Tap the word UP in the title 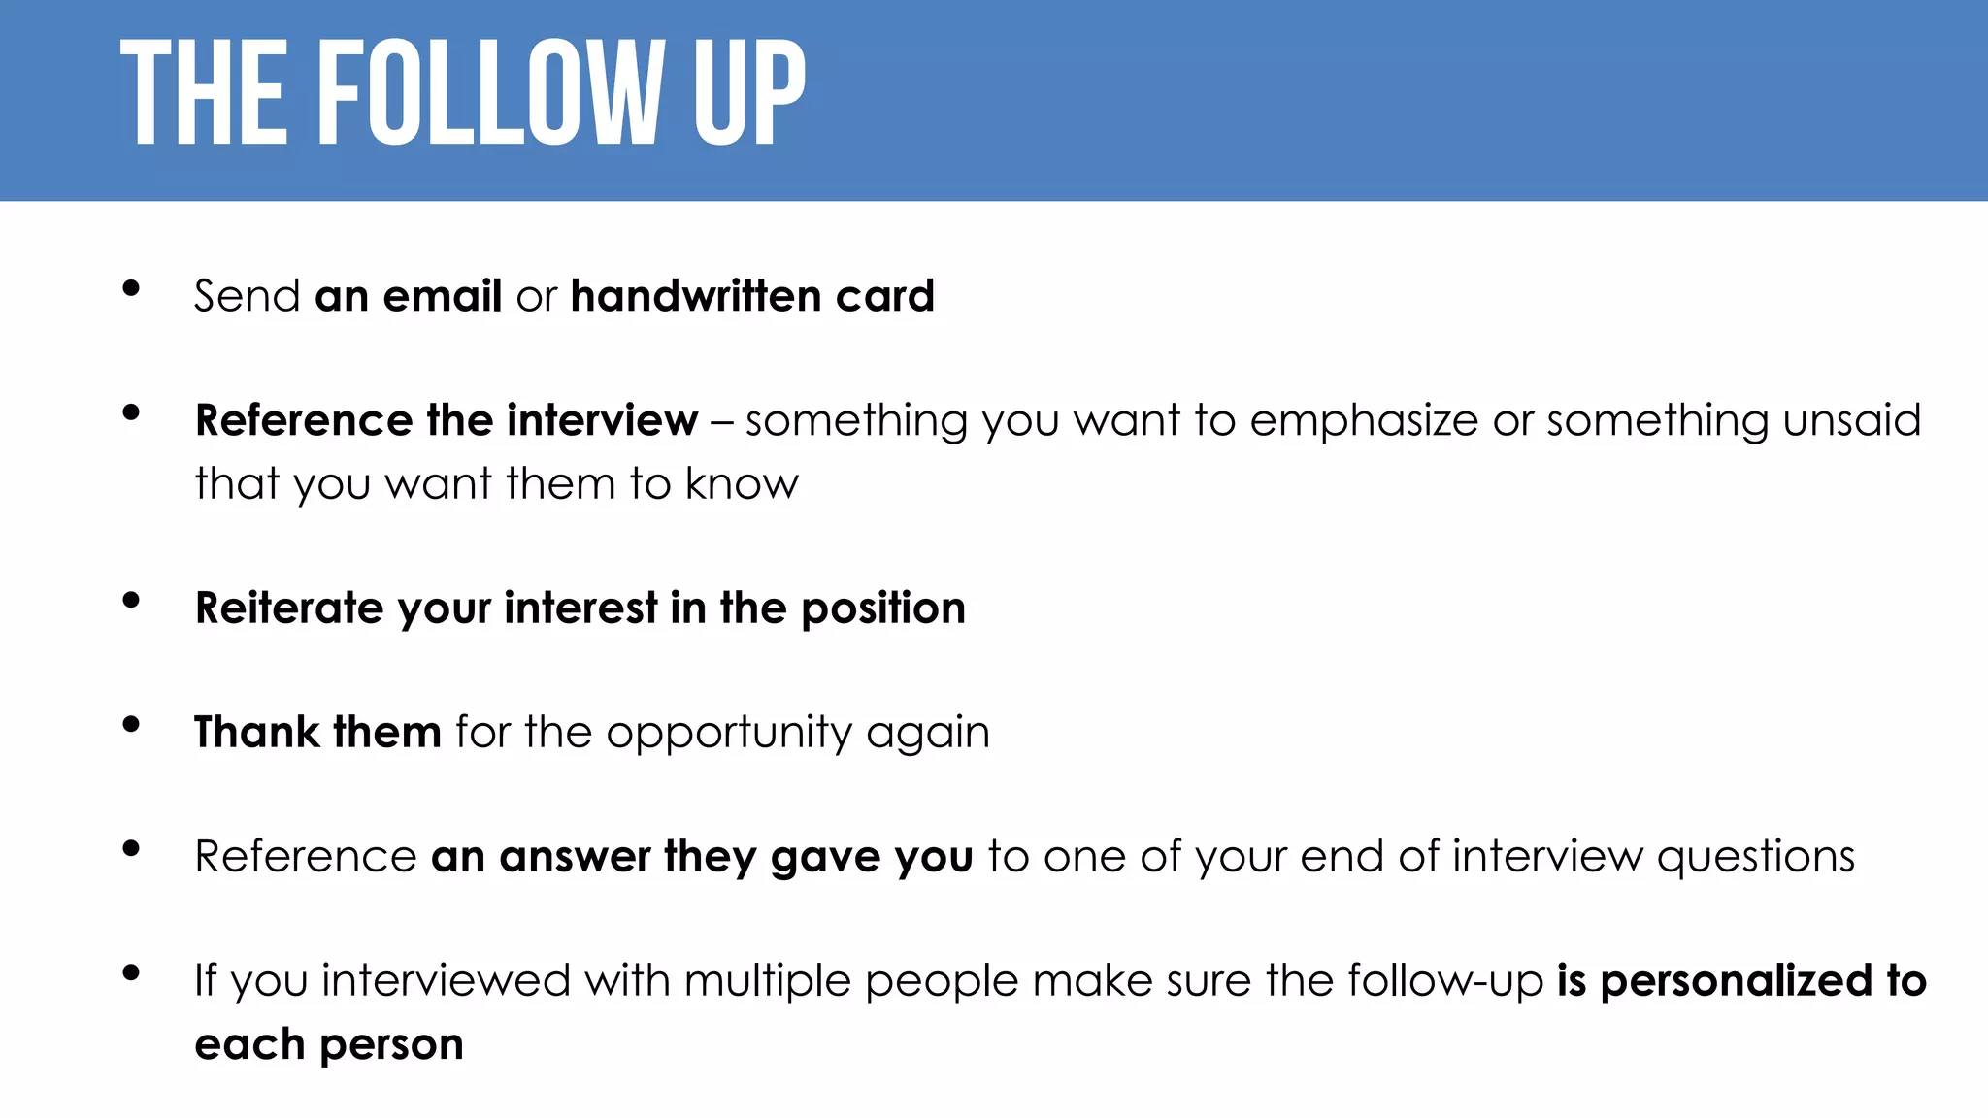click(x=748, y=94)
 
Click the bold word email click(x=442, y=295)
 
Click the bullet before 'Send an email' click(x=131, y=288)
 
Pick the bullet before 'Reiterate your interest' click(x=131, y=600)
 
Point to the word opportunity click(x=728, y=734)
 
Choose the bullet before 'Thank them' click(x=131, y=724)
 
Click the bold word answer click(x=574, y=857)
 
